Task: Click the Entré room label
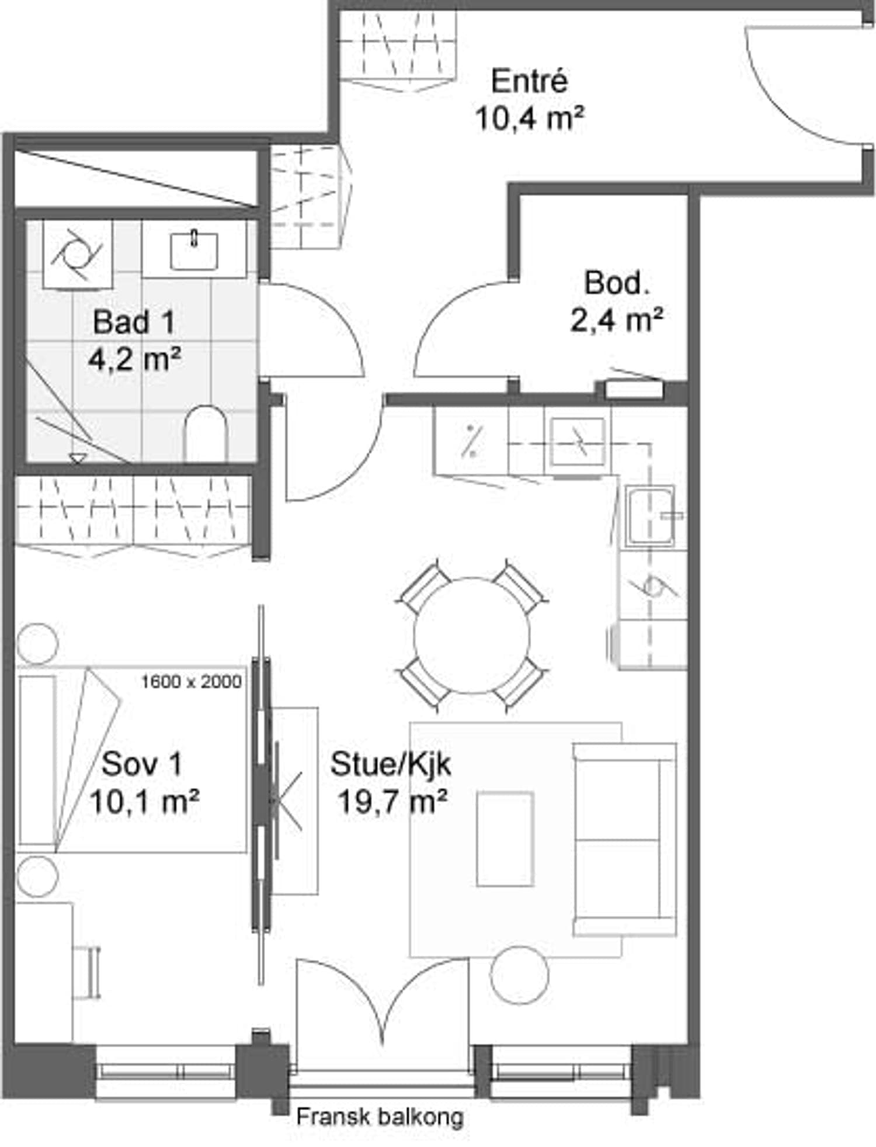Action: click(x=529, y=81)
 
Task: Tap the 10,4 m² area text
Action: click(x=529, y=118)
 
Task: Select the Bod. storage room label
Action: click(x=617, y=283)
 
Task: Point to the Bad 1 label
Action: click(x=134, y=322)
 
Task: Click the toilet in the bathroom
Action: click(x=205, y=433)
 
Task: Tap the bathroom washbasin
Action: click(x=194, y=250)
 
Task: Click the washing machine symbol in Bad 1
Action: click(x=77, y=255)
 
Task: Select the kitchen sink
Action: click(x=650, y=516)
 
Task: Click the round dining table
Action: click(x=472, y=636)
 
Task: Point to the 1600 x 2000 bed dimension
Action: click(x=192, y=681)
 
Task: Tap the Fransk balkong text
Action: click(x=380, y=1117)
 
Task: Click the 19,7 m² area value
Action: click(x=392, y=802)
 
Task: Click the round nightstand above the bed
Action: click(x=37, y=643)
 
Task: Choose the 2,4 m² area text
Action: click(x=617, y=320)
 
